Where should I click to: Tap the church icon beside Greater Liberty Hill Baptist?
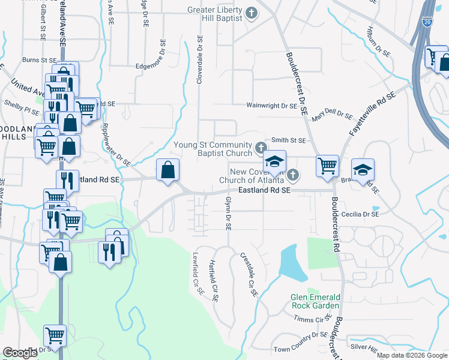(253, 12)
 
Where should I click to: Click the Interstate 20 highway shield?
(427, 22)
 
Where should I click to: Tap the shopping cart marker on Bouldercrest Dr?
(327, 165)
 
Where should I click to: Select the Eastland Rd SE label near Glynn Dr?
(264, 190)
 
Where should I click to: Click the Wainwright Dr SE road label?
(272, 106)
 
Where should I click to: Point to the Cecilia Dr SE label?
(359, 214)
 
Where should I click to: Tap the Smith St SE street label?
(288, 140)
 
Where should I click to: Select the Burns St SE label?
(39, 60)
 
